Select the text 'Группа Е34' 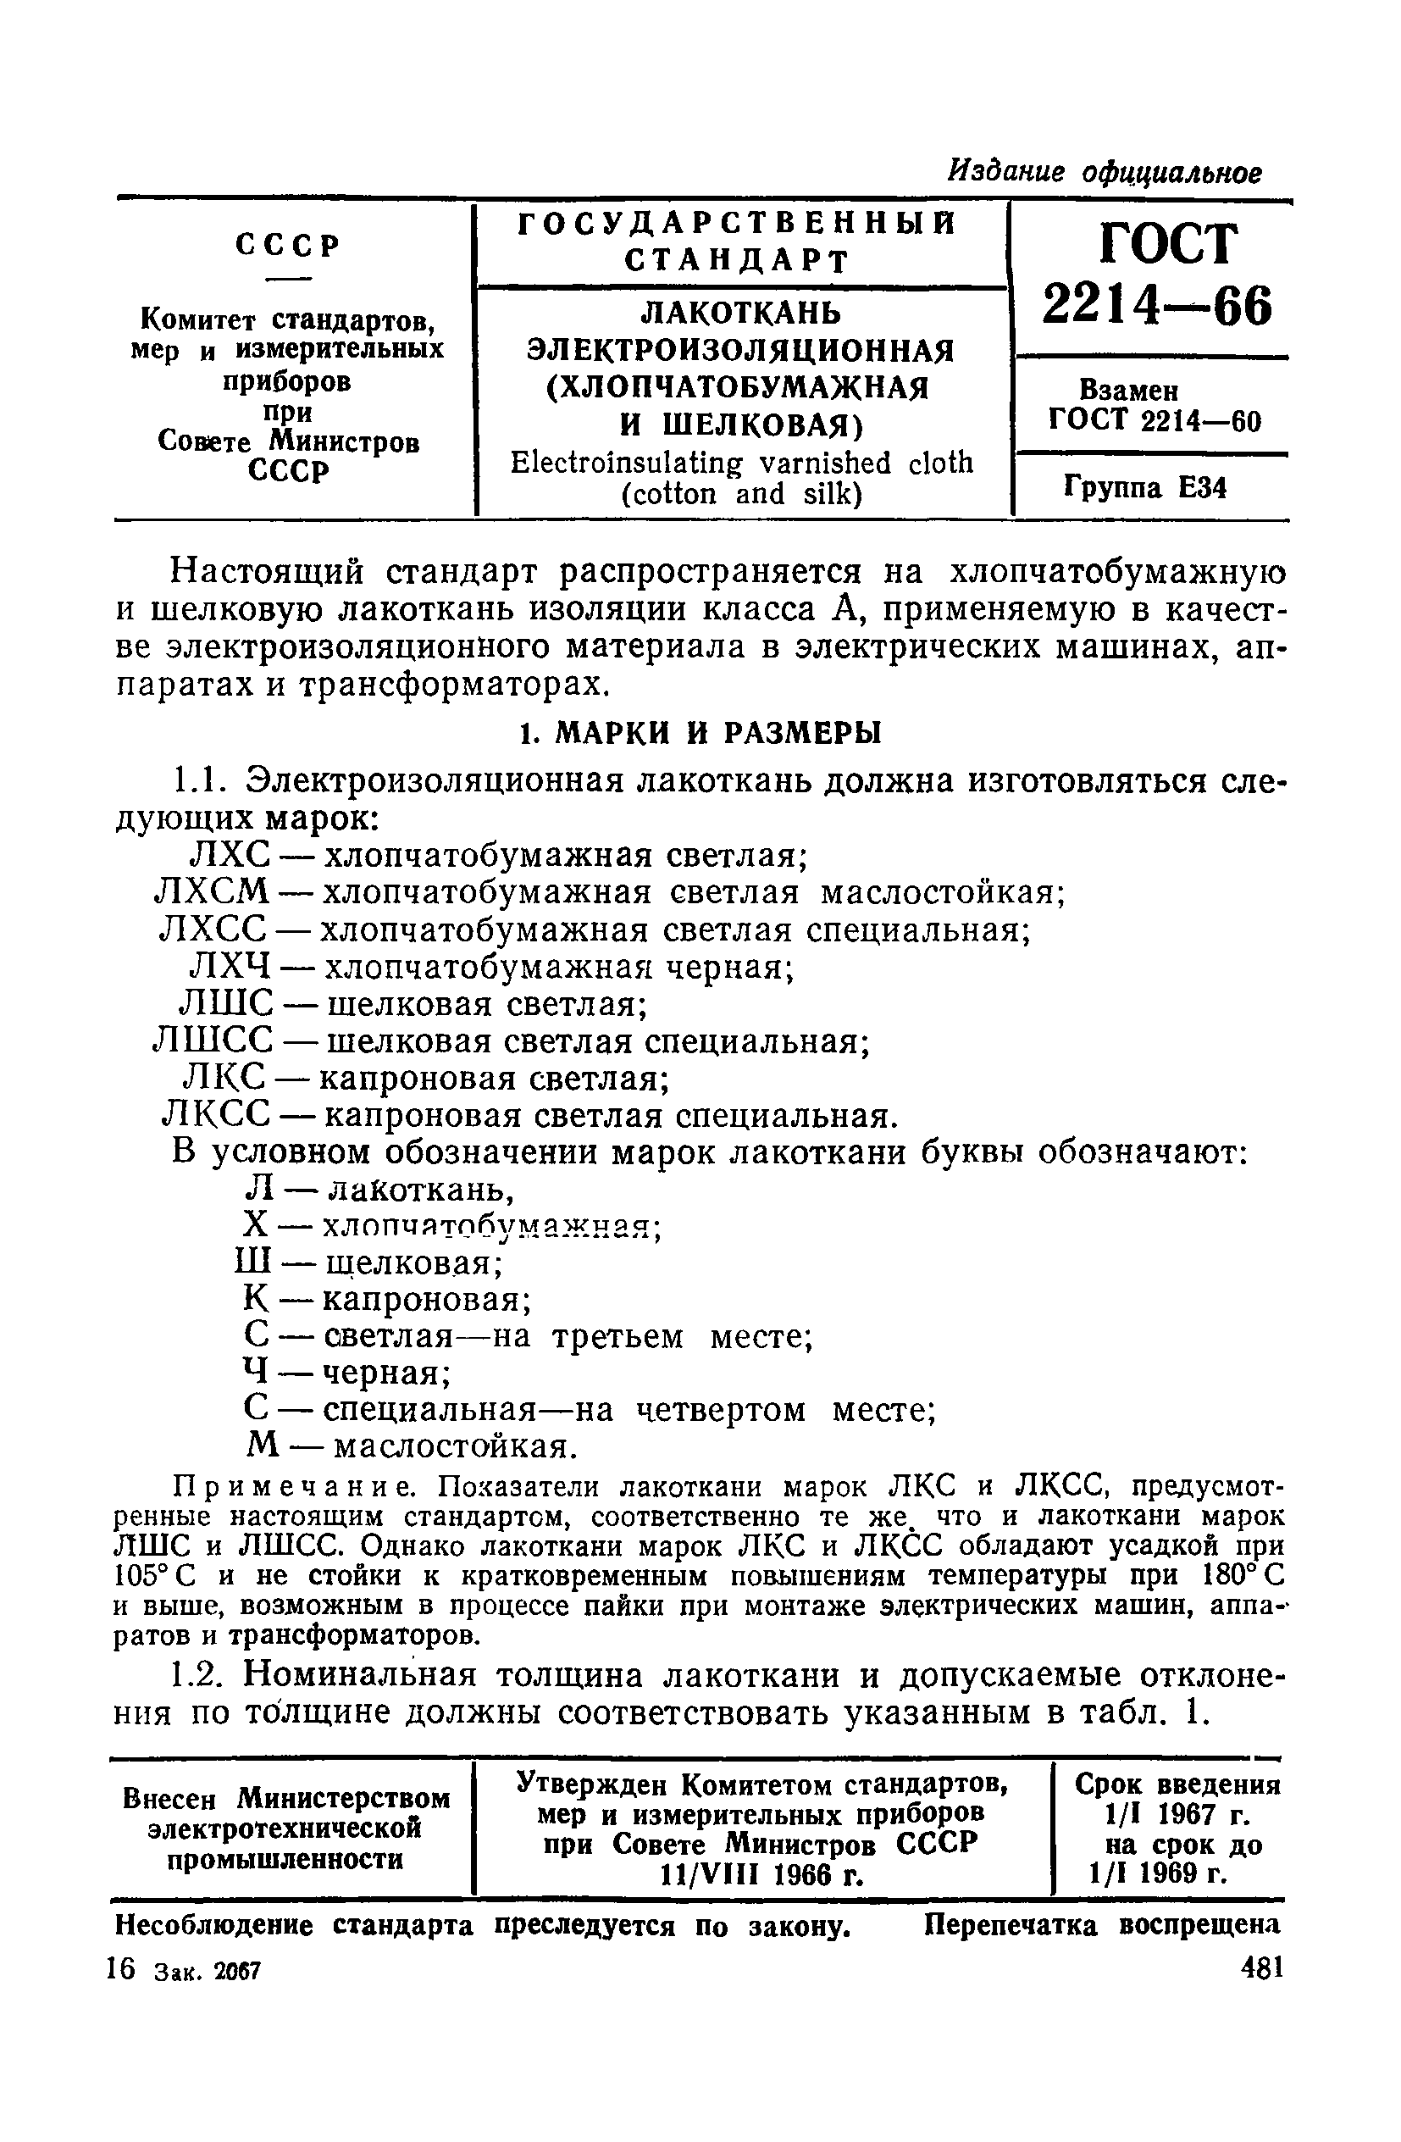click(x=1144, y=488)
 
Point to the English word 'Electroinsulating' click(x=626, y=463)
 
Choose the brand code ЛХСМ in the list click(x=213, y=892)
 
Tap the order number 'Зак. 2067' click(x=207, y=1971)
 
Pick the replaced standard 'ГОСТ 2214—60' click(x=1155, y=421)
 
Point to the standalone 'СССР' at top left click(x=288, y=245)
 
